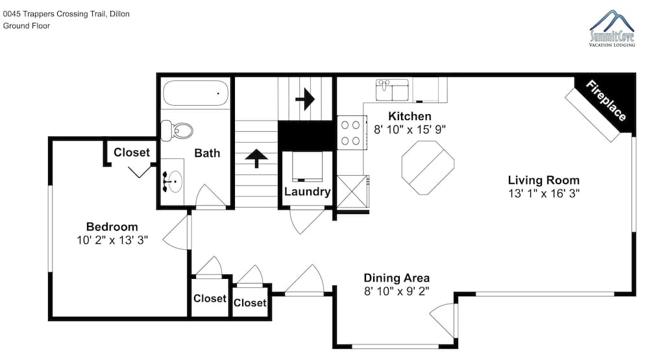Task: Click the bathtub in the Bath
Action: tap(195, 93)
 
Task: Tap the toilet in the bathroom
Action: tap(177, 131)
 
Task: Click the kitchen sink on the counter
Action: tap(392, 90)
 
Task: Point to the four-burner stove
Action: tap(352, 132)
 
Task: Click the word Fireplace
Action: tap(606, 101)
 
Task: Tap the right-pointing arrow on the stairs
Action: tap(306, 99)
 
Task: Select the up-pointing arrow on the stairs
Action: tap(256, 158)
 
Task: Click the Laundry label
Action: tap(307, 191)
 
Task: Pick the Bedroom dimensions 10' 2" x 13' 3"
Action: tap(112, 240)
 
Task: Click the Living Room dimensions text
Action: tap(544, 193)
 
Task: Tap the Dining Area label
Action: tap(397, 278)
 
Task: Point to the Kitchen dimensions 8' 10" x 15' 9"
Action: tap(410, 130)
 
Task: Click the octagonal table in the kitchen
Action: tap(428, 167)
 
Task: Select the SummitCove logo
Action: tap(612, 28)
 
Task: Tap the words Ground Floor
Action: tap(27, 26)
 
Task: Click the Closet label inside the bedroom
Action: tap(132, 152)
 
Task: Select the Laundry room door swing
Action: tap(307, 221)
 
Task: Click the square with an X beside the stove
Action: tap(352, 191)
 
